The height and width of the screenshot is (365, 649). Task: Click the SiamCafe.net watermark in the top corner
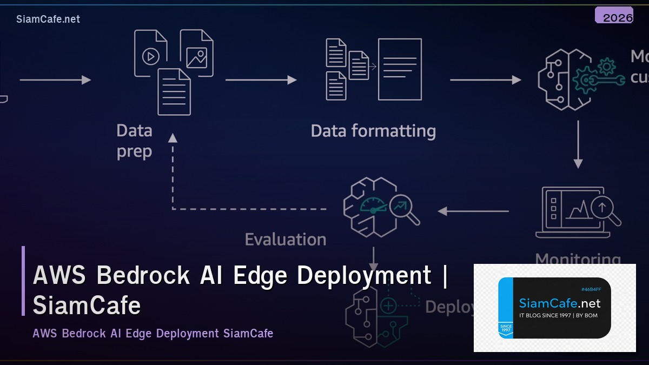click(x=48, y=19)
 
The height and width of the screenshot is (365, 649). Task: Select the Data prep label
click(x=134, y=141)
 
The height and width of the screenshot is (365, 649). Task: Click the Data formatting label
click(x=373, y=131)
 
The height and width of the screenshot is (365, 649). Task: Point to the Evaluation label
click(x=286, y=240)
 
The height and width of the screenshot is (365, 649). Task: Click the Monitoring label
click(x=578, y=259)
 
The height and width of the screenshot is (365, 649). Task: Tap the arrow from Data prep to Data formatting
click(x=261, y=80)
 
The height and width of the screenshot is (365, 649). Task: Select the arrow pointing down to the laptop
click(x=578, y=144)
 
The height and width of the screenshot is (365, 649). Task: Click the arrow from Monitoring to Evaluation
click(x=473, y=211)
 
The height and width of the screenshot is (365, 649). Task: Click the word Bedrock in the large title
click(x=143, y=276)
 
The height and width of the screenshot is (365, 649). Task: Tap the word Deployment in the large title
click(x=365, y=276)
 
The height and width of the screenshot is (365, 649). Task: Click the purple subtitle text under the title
click(x=153, y=333)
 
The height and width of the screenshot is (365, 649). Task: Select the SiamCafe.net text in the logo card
click(x=559, y=303)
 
